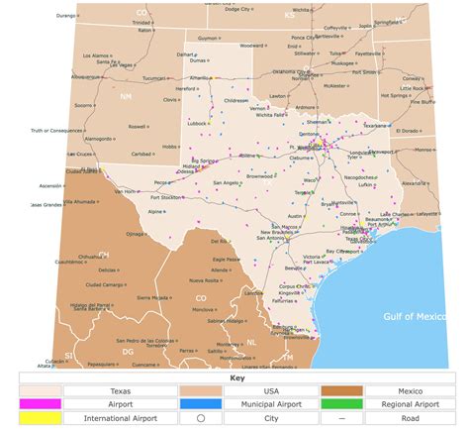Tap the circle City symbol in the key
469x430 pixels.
201,419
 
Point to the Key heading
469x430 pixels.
234,377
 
